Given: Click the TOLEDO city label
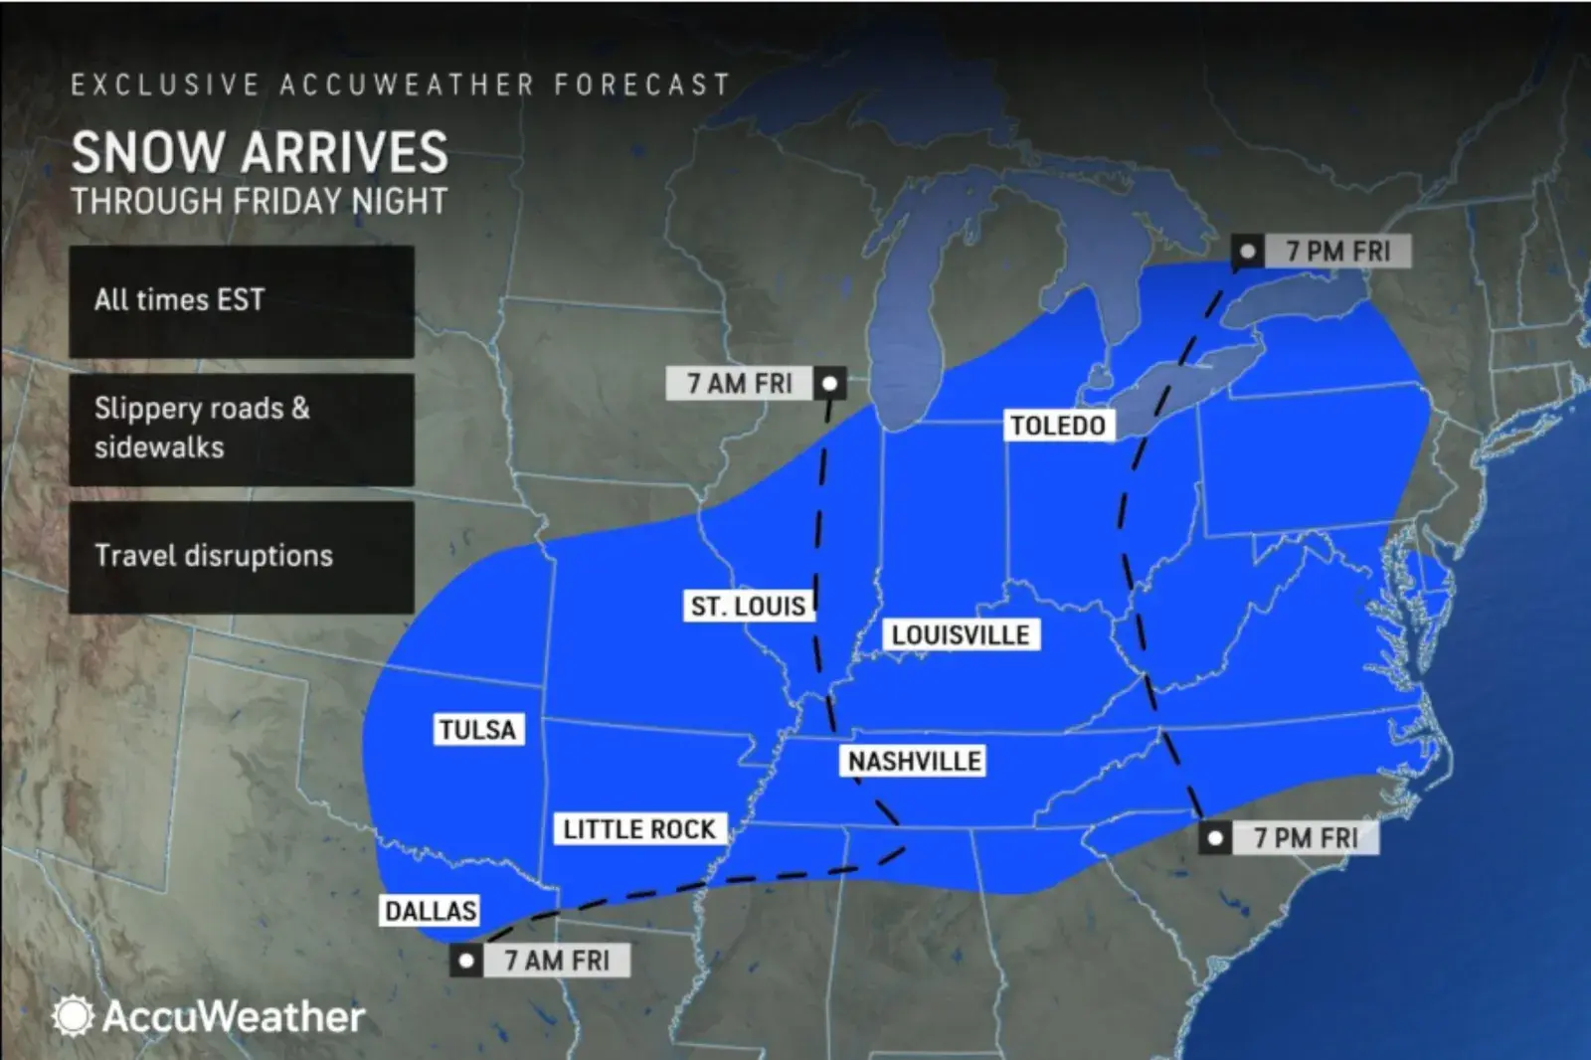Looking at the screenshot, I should point(1058,426).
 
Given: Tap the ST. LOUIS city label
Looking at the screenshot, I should point(749,606).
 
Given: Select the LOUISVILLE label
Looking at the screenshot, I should point(961,635).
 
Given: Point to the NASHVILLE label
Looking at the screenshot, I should point(914,762).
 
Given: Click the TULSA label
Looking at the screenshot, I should point(478,730).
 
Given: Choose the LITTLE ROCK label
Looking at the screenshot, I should point(639,829).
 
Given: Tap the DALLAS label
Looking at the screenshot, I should point(431,911).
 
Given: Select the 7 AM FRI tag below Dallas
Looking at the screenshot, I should point(557,961).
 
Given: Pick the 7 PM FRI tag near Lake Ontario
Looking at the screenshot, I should point(1337,252).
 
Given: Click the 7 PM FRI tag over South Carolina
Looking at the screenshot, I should point(1306,838).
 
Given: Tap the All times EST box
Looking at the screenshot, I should point(242,301).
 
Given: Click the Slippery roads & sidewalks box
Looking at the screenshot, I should point(242,429).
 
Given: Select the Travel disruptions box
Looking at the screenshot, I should point(242,556).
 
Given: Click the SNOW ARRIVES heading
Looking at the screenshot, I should point(260,153).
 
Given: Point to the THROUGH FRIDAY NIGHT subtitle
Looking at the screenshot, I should point(260,202).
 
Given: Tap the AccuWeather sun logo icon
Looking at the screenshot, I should point(73,1016).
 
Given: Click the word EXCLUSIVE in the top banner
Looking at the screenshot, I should point(165,86).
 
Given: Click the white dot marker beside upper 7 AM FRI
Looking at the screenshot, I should point(829,383).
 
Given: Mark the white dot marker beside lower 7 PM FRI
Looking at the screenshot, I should point(1214,838).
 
